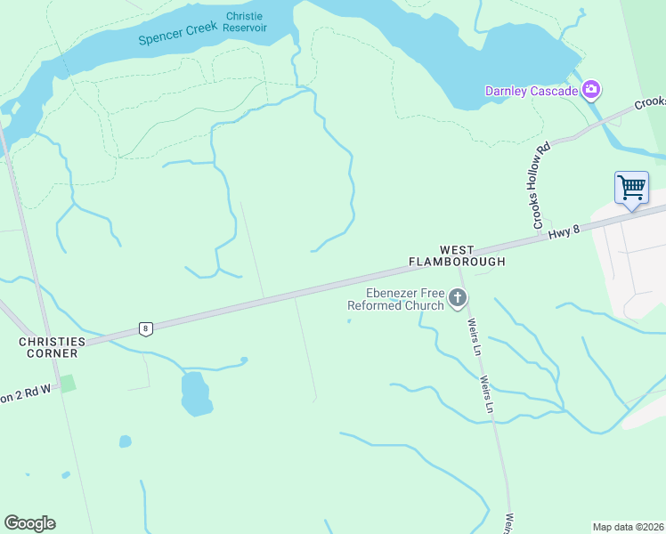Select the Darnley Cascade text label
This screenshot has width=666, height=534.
point(531,90)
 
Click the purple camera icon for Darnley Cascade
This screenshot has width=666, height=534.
point(590,89)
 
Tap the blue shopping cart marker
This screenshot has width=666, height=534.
point(631,188)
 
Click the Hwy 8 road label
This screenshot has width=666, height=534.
point(564,231)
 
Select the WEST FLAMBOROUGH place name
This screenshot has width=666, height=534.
point(457,256)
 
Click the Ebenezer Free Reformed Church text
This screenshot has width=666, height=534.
point(395,300)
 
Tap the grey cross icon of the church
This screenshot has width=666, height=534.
point(458,299)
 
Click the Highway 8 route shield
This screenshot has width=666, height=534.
point(145,328)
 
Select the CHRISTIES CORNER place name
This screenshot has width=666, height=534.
point(53,347)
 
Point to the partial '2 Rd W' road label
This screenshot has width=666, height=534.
point(27,392)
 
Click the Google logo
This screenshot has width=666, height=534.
point(29,522)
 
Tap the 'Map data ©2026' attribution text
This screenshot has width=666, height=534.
point(628,526)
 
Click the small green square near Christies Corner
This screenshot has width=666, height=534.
point(68,383)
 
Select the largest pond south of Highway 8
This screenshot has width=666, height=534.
point(195,394)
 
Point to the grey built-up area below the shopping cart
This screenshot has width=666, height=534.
point(632,258)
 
